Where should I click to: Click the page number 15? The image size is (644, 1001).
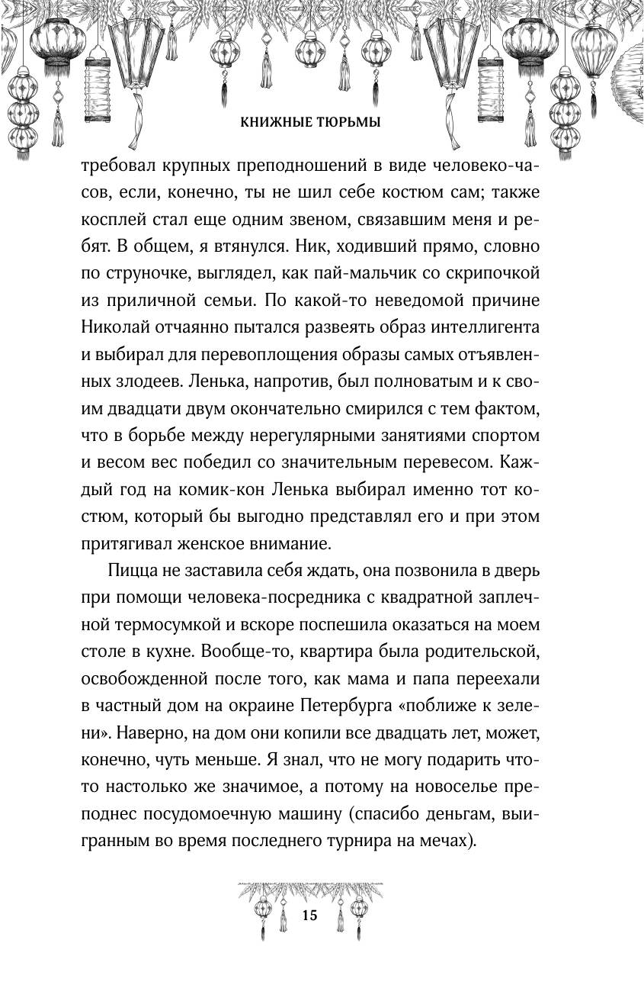pos(309,916)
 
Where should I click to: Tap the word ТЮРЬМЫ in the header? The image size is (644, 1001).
pos(351,122)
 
